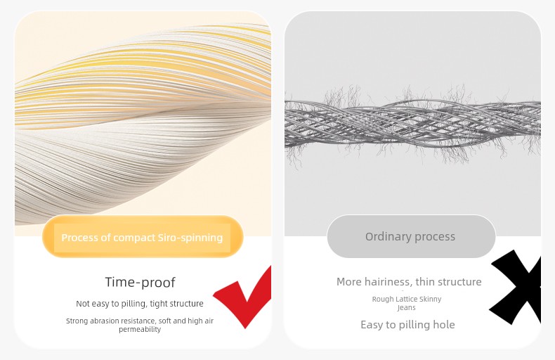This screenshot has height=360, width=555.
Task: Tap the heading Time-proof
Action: click(x=141, y=282)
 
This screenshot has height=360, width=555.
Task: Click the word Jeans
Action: click(x=406, y=307)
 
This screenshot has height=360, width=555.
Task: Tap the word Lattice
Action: click(x=407, y=299)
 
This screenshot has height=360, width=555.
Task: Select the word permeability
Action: click(x=140, y=330)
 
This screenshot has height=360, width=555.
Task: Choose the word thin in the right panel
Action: click(x=426, y=282)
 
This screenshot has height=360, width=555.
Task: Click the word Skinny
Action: click(x=431, y=299)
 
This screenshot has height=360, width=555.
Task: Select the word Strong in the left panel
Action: click(x=77, y=321)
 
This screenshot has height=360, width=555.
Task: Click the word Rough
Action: click(x=383, y=299)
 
